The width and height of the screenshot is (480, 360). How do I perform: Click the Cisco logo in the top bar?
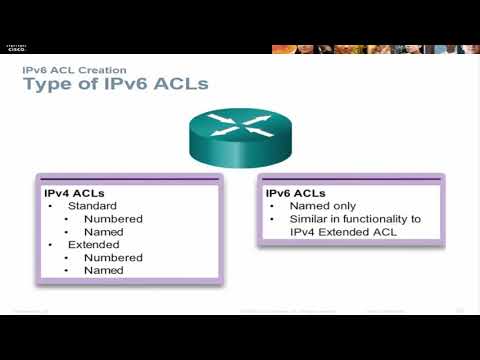16,49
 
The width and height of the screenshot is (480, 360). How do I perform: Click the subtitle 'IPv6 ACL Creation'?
74,70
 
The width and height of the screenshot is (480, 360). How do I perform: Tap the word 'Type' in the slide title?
48,84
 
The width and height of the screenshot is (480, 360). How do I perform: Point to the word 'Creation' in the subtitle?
102,70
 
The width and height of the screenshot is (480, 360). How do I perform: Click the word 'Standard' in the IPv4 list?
92,205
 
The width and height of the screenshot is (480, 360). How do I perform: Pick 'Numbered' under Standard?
113,218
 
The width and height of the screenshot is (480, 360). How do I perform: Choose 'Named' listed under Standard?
104,231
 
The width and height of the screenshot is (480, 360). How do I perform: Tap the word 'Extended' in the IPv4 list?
93,244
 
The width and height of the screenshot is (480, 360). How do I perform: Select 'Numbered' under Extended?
113,257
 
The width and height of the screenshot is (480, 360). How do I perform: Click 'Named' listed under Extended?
104,270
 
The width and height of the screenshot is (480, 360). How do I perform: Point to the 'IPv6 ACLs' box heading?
296,192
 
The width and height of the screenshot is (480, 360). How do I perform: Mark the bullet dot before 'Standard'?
51,205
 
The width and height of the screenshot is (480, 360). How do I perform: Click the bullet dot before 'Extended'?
51,244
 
